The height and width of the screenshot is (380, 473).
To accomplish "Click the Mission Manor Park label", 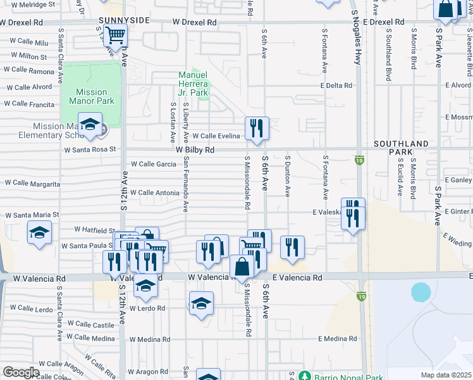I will [x=92, y=96].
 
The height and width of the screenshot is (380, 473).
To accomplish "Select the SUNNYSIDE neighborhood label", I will [x=124, y=20].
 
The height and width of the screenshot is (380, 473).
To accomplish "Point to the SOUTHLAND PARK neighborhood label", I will [x=401, y=148].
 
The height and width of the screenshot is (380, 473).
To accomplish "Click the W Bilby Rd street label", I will [x=195, y=150].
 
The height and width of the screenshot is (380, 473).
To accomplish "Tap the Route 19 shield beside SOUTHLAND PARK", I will [x=359, y=159].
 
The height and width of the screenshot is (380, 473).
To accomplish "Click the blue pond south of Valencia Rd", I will [x=421, y=292].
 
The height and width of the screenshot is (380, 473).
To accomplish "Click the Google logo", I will [x=21, y=372].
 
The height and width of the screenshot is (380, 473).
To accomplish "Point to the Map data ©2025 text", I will [x=446, y=375].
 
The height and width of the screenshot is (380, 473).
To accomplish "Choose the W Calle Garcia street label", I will [x=153, y=164].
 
